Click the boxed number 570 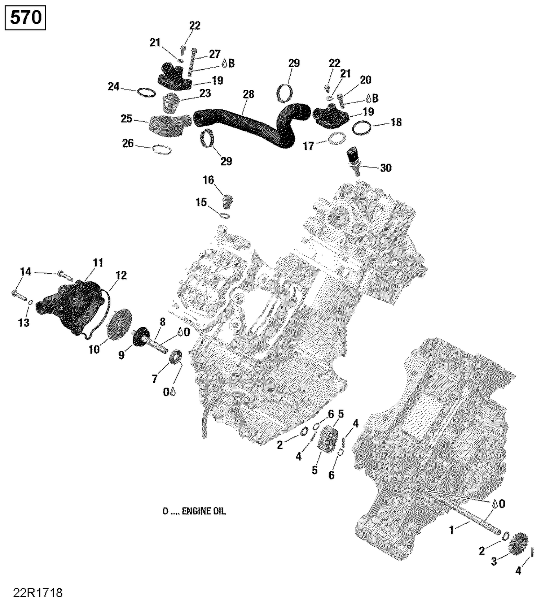click(x=25, y=18)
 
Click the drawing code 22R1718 click(x=38, y=593)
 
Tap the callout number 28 click(x=248, y=94)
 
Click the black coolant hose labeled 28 click(x=245, y=123)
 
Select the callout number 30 click(x=386, y=168)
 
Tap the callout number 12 click(x=121, y=276)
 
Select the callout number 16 click(x=208, y=180)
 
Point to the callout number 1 click(x=451, y=530)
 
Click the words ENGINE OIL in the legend click(x=203, y=511)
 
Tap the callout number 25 click(x=126, y=119)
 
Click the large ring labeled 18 click(x=362, y=128)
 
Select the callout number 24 click(x=113, y=87)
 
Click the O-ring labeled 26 click(x=162, y=149)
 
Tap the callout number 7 click(x=154, y=379)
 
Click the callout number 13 click(x=23, y=322)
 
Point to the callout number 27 click(x=215, y=54)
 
